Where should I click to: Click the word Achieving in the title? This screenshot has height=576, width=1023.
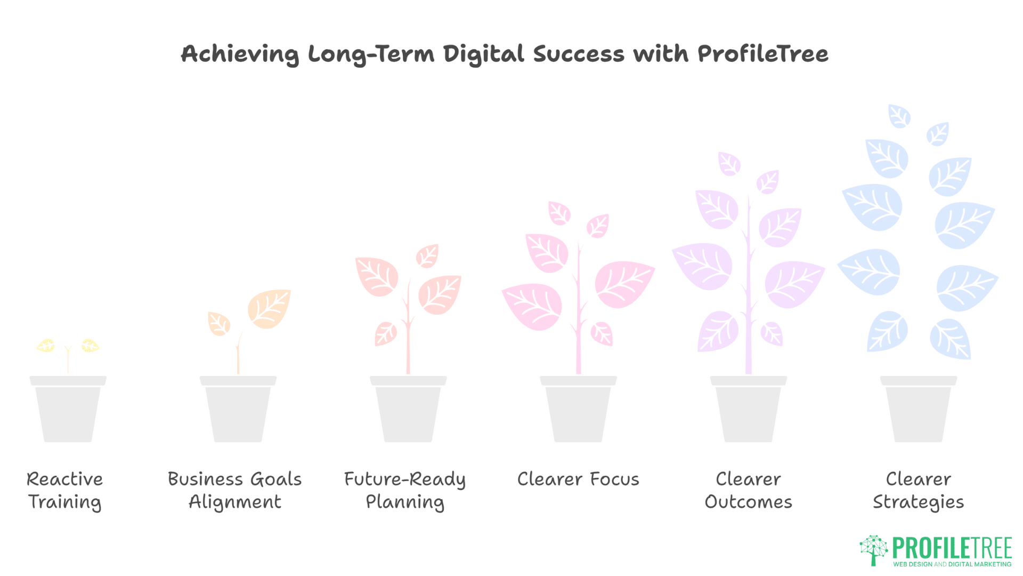(x=240, y=54)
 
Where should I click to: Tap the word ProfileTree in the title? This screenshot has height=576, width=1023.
(x=762, y=54)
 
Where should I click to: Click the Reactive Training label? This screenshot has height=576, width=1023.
(x=64, y=490)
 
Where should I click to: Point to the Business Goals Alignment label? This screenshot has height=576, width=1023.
(x=235, y=490)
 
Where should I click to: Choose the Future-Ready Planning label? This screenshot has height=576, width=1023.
(x=405, y=490)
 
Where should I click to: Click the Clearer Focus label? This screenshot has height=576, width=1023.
(x=578, y=479)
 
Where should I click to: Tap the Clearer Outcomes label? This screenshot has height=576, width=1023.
(x=748, y=490)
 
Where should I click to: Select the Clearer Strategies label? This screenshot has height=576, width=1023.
(x=918, y=490)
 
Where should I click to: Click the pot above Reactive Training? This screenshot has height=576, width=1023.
(x=68, y=411)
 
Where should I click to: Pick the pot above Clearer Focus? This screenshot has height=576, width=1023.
(x=578, y=411)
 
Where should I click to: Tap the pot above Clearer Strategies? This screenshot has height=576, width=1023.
(x=918, y=411)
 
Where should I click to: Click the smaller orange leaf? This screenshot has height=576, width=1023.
(x=218, y=323)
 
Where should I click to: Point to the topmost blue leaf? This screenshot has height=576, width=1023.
(x=899, y=116)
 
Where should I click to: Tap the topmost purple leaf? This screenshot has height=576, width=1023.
(x=729, y=164)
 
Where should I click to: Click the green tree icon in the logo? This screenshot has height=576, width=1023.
(x=873, y=549)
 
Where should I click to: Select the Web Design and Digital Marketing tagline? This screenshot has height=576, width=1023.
(x=952, y=564)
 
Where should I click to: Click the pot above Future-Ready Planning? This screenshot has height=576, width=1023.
(x=408, y=411)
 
